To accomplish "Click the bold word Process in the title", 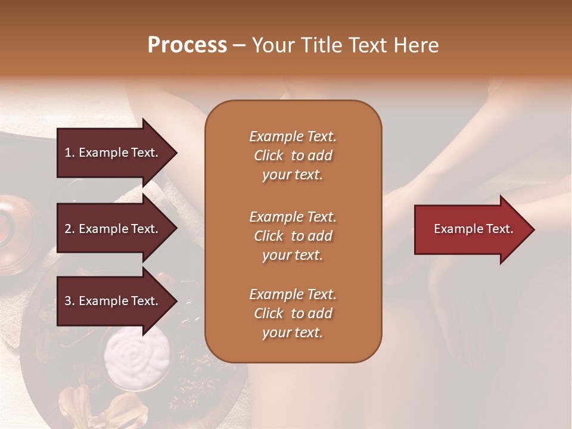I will (187, 45).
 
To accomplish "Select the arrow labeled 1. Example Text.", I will (113, 153).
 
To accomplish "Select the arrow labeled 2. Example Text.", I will (113, 229).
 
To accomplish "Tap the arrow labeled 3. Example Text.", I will (113, 301).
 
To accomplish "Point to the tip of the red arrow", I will (533, 229).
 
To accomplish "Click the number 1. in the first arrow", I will (70, 153).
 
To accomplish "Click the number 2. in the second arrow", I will (70, 229).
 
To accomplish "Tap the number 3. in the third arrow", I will (70, 301).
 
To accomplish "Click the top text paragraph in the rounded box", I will (293, 156).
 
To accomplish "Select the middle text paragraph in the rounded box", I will (293, 235).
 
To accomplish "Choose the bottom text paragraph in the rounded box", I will (293, 313).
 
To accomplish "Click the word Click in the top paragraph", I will (268, 156).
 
